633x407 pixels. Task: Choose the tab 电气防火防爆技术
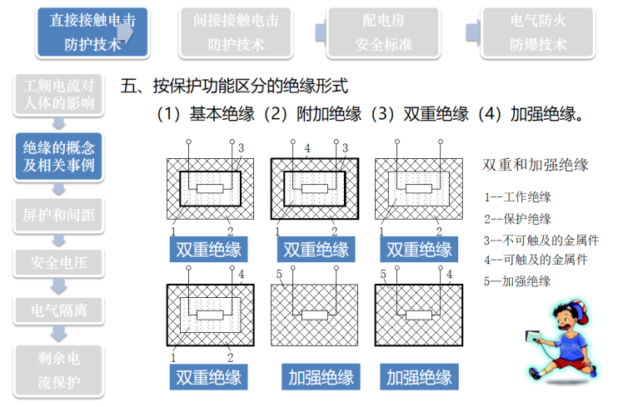tap(537, 32)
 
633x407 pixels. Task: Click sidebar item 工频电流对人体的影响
tap(58, 94)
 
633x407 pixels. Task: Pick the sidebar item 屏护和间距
tap(58, 214)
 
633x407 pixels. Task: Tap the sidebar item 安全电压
tap(58, 264)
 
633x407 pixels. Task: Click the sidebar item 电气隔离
tap(58, 311)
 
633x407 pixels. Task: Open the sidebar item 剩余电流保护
tap(58, 370)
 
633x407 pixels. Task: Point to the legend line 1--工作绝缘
tap(517, 198)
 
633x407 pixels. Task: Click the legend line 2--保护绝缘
tap(517, 219)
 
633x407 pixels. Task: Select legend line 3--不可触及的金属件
tap(541, 240)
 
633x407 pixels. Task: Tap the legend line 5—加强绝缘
tap(517, 281)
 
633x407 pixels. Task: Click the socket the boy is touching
tap(530, 339)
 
